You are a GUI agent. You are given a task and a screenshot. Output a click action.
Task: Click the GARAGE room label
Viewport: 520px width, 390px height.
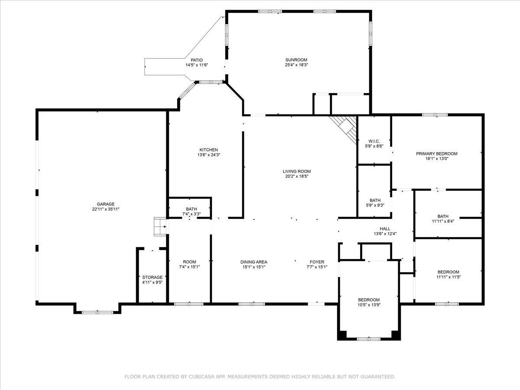(x=106, y=204)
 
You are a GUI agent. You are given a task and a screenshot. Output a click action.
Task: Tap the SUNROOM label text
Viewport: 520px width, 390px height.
(x=296, y=60)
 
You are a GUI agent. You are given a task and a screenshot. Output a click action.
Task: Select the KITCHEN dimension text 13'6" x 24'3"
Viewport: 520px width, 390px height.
(x=209, y=155)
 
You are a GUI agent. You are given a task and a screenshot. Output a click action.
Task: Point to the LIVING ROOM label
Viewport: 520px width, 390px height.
(x=296, y=171)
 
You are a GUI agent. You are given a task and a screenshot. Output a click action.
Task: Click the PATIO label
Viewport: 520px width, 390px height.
(x=197, y=60)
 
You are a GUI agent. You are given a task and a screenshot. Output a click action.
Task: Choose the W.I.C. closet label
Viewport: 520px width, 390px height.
(x=374, y=141)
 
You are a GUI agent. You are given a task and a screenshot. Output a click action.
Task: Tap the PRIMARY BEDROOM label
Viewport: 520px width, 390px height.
(x=437, y=154)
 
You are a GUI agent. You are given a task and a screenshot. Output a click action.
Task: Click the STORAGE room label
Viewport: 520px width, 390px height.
(x=153, y=277)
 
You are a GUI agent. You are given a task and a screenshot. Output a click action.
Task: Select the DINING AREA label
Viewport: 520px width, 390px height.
(x=254, y=262)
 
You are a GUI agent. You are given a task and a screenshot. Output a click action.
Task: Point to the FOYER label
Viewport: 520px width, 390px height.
(x=317, y=262)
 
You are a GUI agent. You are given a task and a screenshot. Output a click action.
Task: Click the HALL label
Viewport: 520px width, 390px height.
(x=385, y=229)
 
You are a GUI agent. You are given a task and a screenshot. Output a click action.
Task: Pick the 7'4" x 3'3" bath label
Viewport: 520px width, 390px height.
(x=192, y=211)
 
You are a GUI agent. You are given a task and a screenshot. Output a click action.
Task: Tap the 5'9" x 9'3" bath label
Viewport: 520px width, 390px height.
(x=375, y=203)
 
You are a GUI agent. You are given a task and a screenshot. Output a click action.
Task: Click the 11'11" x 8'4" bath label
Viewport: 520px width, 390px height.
(x=443, y=219)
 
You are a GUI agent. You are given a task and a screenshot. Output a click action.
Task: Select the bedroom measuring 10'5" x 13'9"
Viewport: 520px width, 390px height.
(x=369, y=302)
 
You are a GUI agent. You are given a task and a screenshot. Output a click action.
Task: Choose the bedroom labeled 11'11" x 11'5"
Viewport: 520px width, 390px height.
(x=448, y=274)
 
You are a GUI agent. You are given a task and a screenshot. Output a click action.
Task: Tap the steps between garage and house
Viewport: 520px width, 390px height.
(x=160, y=227)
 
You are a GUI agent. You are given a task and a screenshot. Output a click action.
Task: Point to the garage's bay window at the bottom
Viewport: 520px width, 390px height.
(x=97, y=312)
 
